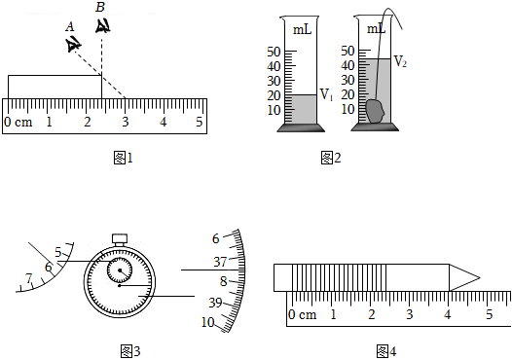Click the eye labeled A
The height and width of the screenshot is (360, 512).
[72, 45]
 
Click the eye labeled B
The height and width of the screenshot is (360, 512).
[102, 26]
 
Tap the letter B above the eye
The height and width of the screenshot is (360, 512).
[100, 7]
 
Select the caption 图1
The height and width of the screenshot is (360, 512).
[123, 158]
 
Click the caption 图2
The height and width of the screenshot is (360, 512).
[331, 158]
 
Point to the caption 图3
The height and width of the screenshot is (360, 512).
[130, 351]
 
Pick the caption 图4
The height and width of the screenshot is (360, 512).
[386, 351]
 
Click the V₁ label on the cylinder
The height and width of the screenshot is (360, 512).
[326, 95]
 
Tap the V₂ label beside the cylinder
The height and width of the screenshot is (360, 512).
[400, 61]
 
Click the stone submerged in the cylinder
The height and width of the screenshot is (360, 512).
[375, 111]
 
